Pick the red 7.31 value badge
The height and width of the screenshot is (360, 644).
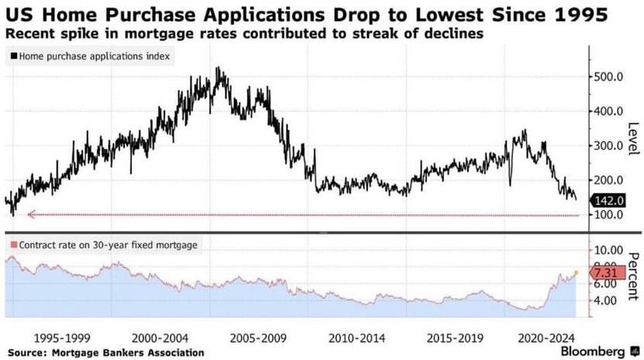coord(607,274)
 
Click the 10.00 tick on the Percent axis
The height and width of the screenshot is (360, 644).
coord(608,251)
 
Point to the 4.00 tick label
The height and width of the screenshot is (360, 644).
coord(605,301)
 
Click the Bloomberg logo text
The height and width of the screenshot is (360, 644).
coord(596,351)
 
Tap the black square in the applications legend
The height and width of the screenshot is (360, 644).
coord(14,56)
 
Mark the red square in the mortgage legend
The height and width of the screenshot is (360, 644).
coord(14,245)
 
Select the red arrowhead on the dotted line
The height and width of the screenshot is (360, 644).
coord(30,215)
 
